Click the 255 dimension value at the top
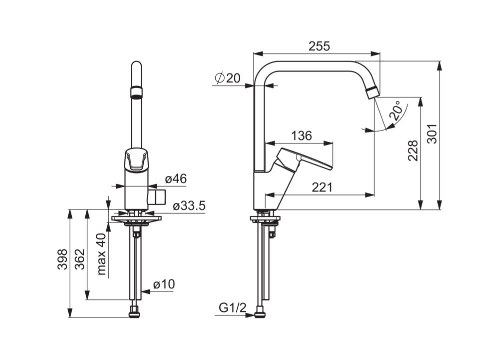point(319,46)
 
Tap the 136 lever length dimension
point(301,136)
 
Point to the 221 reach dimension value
point(322,187)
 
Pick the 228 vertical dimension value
point(413,151)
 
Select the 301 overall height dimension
point(432,134)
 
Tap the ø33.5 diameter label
point(189,206)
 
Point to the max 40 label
point(101,254)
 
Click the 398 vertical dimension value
point(63,259)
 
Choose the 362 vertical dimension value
point(80,259)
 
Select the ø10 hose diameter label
point(164,284)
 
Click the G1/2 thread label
point(233,308)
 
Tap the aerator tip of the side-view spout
point(372,93)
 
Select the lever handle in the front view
point(137,159)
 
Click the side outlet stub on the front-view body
point(157,197)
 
